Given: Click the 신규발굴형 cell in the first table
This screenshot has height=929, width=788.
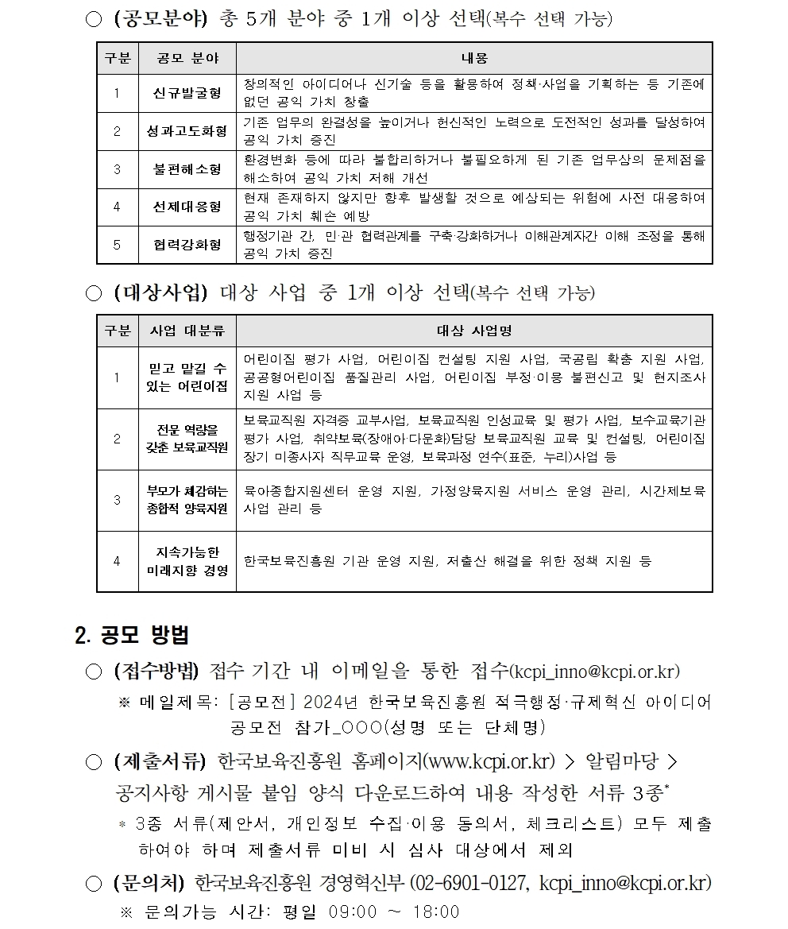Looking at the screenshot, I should tap(187, 94).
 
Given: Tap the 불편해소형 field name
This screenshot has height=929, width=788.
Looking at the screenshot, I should tap(187, 169).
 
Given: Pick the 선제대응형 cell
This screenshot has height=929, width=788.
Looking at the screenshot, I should tap(187, 207).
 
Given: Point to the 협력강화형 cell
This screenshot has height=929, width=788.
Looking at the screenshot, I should tap(187, 245).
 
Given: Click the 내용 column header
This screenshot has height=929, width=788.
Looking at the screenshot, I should tap(474, 58).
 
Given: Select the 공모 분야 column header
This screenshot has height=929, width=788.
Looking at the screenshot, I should tap(187, 58).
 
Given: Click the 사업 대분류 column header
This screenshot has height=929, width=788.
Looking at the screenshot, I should tap(187, 331).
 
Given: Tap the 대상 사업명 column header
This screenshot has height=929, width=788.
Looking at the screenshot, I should tap(474, 331).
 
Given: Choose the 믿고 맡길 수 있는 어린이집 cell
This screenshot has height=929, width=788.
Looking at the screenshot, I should tap(187, 377).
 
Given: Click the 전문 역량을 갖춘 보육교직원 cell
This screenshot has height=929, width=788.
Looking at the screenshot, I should tap(187, 439).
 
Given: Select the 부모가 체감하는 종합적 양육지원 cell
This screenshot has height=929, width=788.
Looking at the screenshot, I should tap(187, 500).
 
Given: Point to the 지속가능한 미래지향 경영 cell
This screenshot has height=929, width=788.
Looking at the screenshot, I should tap(187, 561).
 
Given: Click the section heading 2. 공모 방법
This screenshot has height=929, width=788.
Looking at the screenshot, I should tap(131, 635).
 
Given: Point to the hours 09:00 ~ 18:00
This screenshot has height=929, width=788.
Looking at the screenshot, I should tap(394, 912).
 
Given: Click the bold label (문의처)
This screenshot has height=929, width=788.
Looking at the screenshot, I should tap(148, 883).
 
